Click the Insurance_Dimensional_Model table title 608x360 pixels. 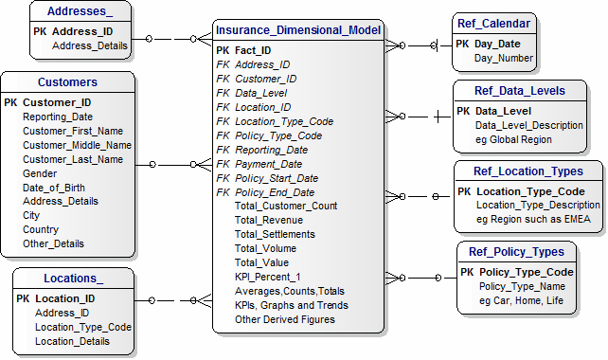pyautogui.click(x=297, y=30)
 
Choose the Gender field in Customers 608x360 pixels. pyautogui.click(x=40, y=173)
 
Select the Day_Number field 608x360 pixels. pyautogui.click(x=504, y=59)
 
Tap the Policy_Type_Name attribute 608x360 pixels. pyautogui.click(x=522, y=286)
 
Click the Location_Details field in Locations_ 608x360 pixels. pyautogui.click(x=72, y=341)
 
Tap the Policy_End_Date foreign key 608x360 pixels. pyautogui.click(x=275, y=192)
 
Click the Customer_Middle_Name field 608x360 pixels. pyautogui.click(x=77, y=145)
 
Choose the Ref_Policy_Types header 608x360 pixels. pyautogui.click(x=517, y=252)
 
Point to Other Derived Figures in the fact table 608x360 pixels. pyautogui.click(x=285, y=319)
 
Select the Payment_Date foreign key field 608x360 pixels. pyautogui.click(x=270, y=164)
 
